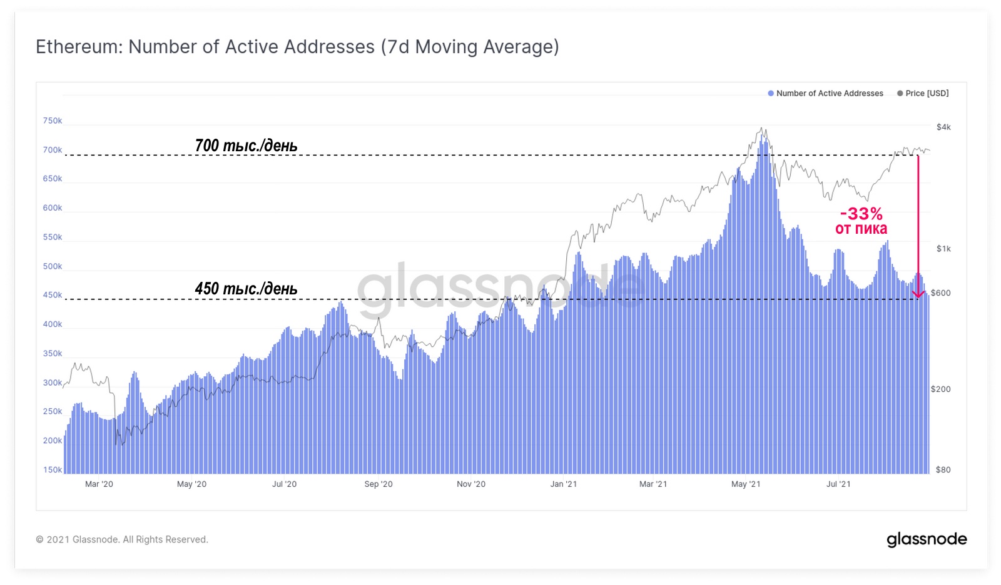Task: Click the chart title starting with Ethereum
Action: pyautogui.click(x=297, y=47)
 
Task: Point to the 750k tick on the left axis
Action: pyautogui.click(x=53, y=121)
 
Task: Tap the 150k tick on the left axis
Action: pyautogui.click(x=53, y=470)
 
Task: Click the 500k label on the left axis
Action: pyautogui.click(x=53, y=266)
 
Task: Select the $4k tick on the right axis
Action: pyautogui.click(x=943, y=127)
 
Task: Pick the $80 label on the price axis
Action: pyautogui.click(x=943, y=470)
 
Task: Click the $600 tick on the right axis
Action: pyautogui.click(x=940, y=293)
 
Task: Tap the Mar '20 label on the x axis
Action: pyautogui.click(x=99, y=484)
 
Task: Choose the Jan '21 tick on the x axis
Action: pyautogui.click(x=564, y=484)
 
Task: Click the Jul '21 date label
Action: pyautogui.click(x=838, y=484)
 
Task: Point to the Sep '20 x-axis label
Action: pyautogui.click(x=379, y=484)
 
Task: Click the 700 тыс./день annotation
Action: pyautogui.click(x=246, y=146)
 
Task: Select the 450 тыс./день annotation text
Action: pyautogui.click(x=246, y=289)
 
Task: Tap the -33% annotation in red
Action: pyautogui.click(x=861, y=214)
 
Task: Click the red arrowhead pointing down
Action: pyautogui.click(x=918, y=294)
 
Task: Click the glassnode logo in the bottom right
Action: pyautogui.click(x=927, y=539)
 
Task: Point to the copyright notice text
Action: pyautogui.click(x=122, y=539)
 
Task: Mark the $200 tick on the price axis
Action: pyautogui.click(x=940, y=389)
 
